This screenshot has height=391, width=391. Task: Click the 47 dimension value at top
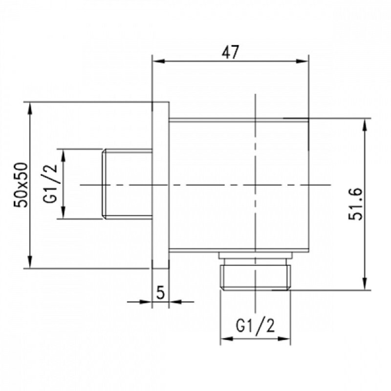point(230,52)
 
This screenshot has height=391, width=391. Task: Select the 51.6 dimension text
point(355,204)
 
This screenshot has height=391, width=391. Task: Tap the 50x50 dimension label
point(21,185)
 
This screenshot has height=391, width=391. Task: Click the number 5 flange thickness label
point(160,292)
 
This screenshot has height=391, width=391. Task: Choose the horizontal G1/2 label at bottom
point(255,326)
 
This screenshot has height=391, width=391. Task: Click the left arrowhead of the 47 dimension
point(158,62)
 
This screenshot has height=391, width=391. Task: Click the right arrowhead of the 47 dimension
point(302,62)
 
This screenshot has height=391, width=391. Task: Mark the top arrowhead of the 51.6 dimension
point(365,125)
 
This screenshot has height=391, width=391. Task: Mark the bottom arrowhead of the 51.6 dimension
point(365,284)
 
